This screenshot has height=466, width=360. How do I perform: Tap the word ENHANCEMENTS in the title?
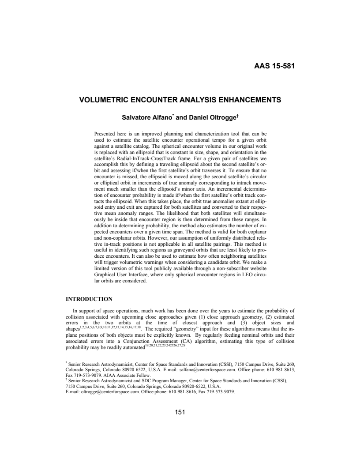[x=249, y=100]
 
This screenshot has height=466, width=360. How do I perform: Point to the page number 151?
[x=180, y=412]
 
